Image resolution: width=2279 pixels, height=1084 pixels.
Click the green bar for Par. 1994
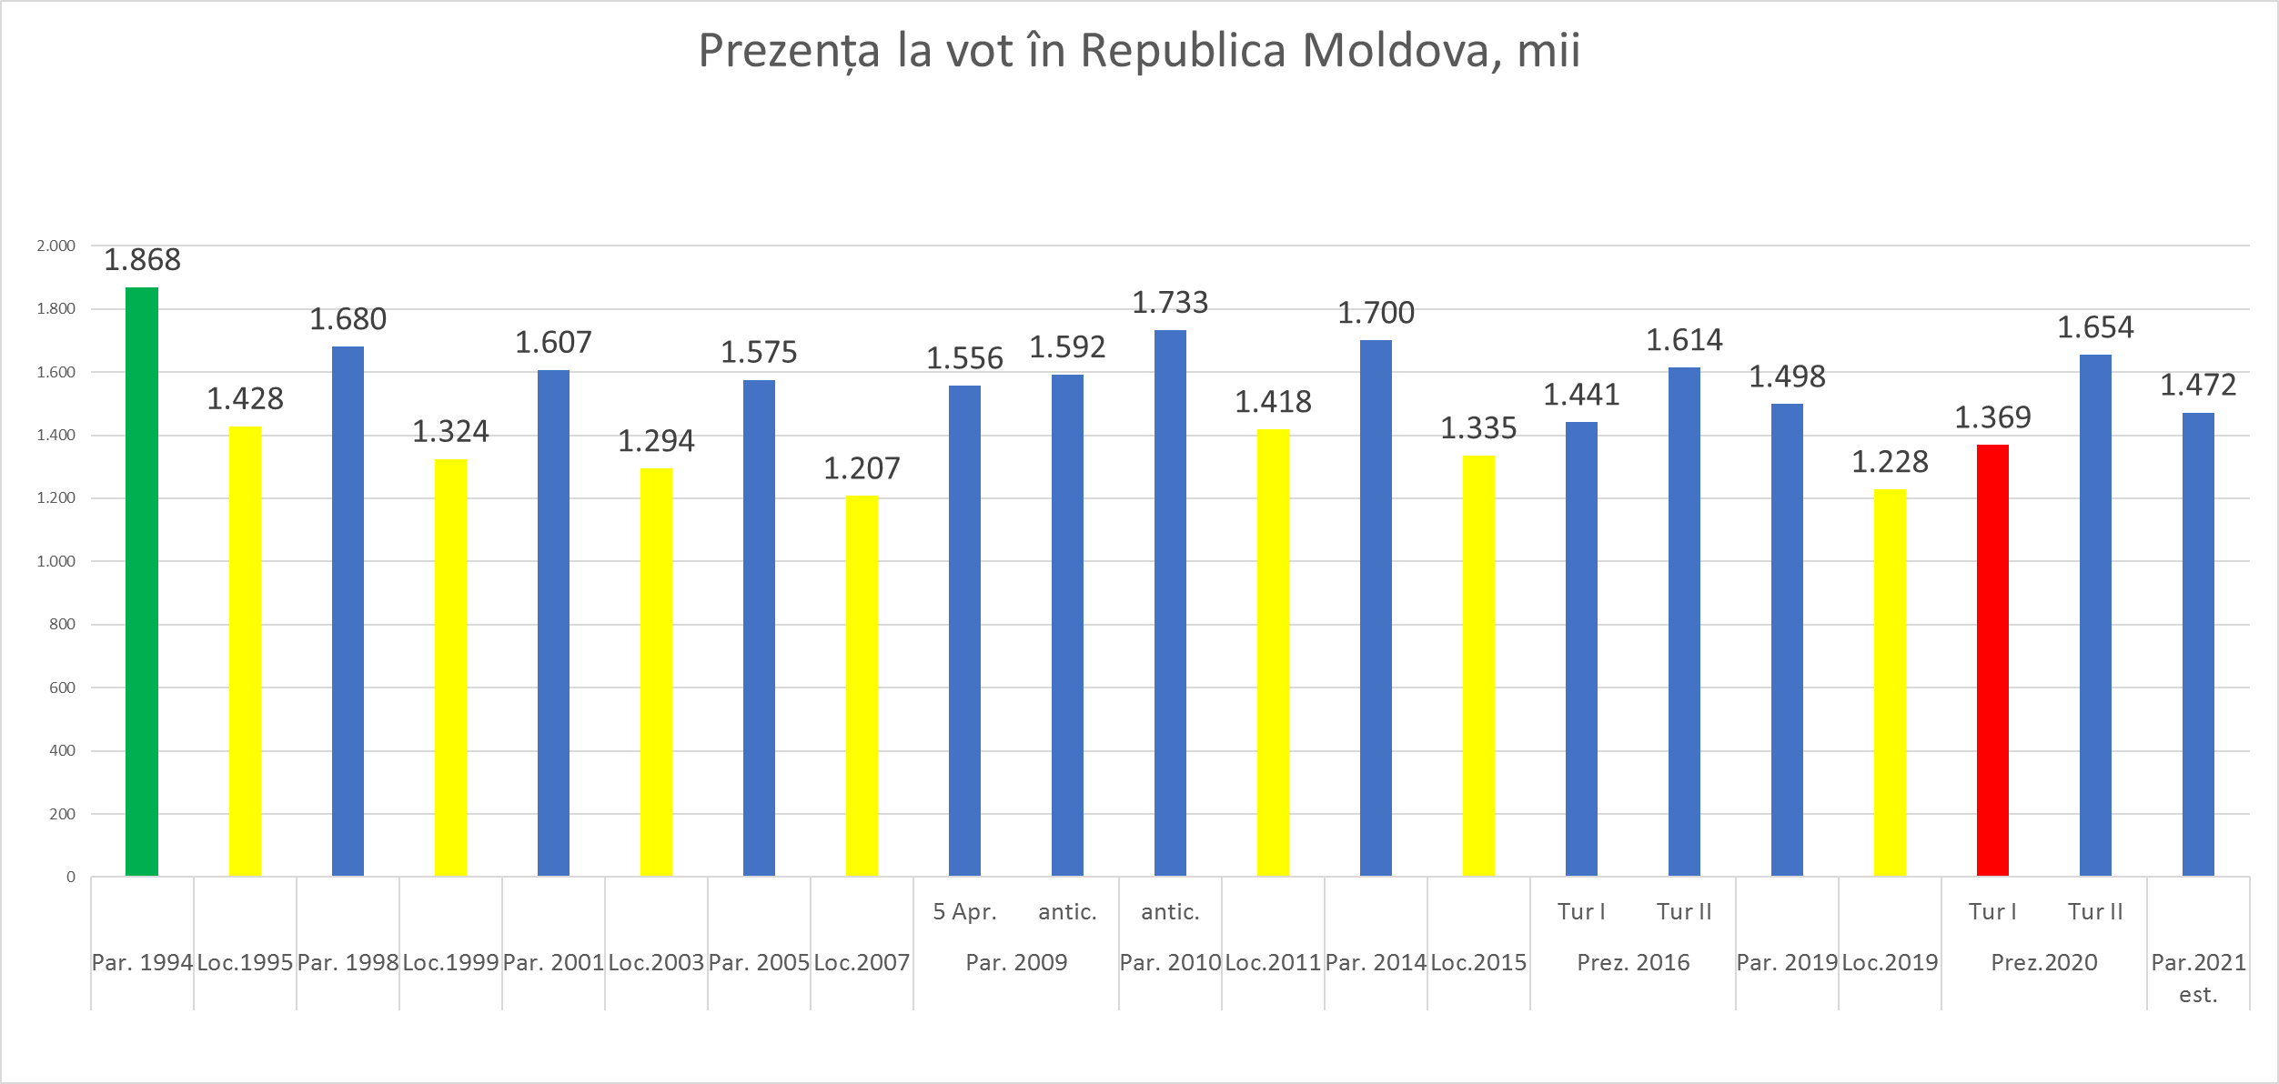point(142,582)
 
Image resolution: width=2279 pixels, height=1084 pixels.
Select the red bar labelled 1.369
point(1992,660)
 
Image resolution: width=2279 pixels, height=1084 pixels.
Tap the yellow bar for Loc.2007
point(862,686)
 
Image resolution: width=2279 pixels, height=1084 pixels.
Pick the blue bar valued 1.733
point(1170,603)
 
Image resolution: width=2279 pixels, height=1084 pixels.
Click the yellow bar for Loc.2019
point(1890,682)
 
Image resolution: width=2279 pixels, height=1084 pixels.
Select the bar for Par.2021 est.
point(2198,644)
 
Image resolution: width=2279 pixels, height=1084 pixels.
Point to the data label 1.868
point(142,260)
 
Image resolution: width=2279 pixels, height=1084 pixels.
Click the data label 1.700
point(1376,313)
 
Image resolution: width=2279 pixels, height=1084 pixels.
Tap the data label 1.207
point(862,468)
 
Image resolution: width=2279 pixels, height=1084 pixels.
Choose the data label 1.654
point(2095,327)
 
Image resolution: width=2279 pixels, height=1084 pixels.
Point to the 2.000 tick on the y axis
point(55,246)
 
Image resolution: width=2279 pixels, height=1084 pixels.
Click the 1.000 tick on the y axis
point(55,561)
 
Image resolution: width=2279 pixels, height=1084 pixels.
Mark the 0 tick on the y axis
point(70,878)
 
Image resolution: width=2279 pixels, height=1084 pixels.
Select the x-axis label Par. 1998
point(348,962)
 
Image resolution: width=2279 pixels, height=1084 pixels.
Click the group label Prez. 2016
point(1633,962)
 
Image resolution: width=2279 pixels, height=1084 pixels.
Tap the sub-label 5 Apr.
point(964,911)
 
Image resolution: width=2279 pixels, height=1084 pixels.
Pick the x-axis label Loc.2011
point(1273,962)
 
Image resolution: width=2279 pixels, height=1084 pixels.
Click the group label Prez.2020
point(2044,962)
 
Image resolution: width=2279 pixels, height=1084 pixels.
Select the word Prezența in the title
point(789,52)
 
